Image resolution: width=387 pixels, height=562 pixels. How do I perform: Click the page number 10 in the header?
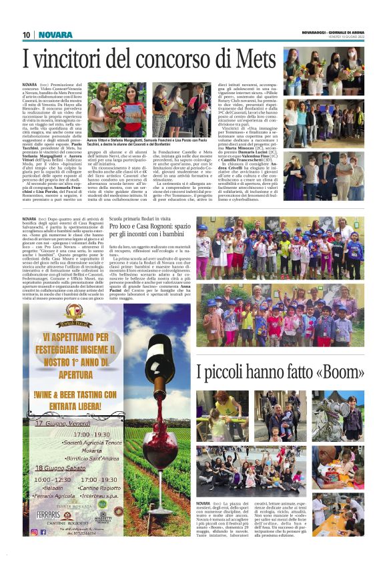coord(27,35)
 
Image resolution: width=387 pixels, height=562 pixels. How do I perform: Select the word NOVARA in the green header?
coord(51,35)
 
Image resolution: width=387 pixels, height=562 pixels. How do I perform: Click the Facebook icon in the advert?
coord(43,532)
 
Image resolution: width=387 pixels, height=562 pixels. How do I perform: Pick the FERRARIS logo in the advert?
coord(52,515)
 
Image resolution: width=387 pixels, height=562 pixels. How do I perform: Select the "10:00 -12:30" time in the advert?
coord(53,479)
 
